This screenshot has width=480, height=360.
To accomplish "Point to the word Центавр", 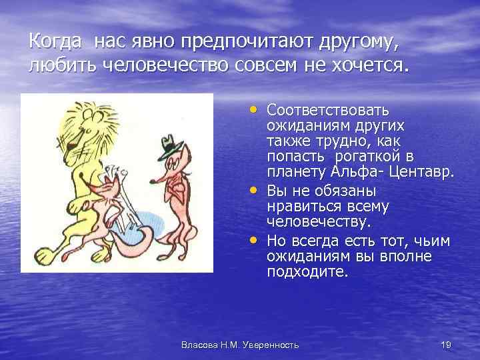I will point(426,172).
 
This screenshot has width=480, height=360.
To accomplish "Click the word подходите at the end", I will point(307,271).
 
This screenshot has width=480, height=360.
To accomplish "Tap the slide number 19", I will point(446,344).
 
